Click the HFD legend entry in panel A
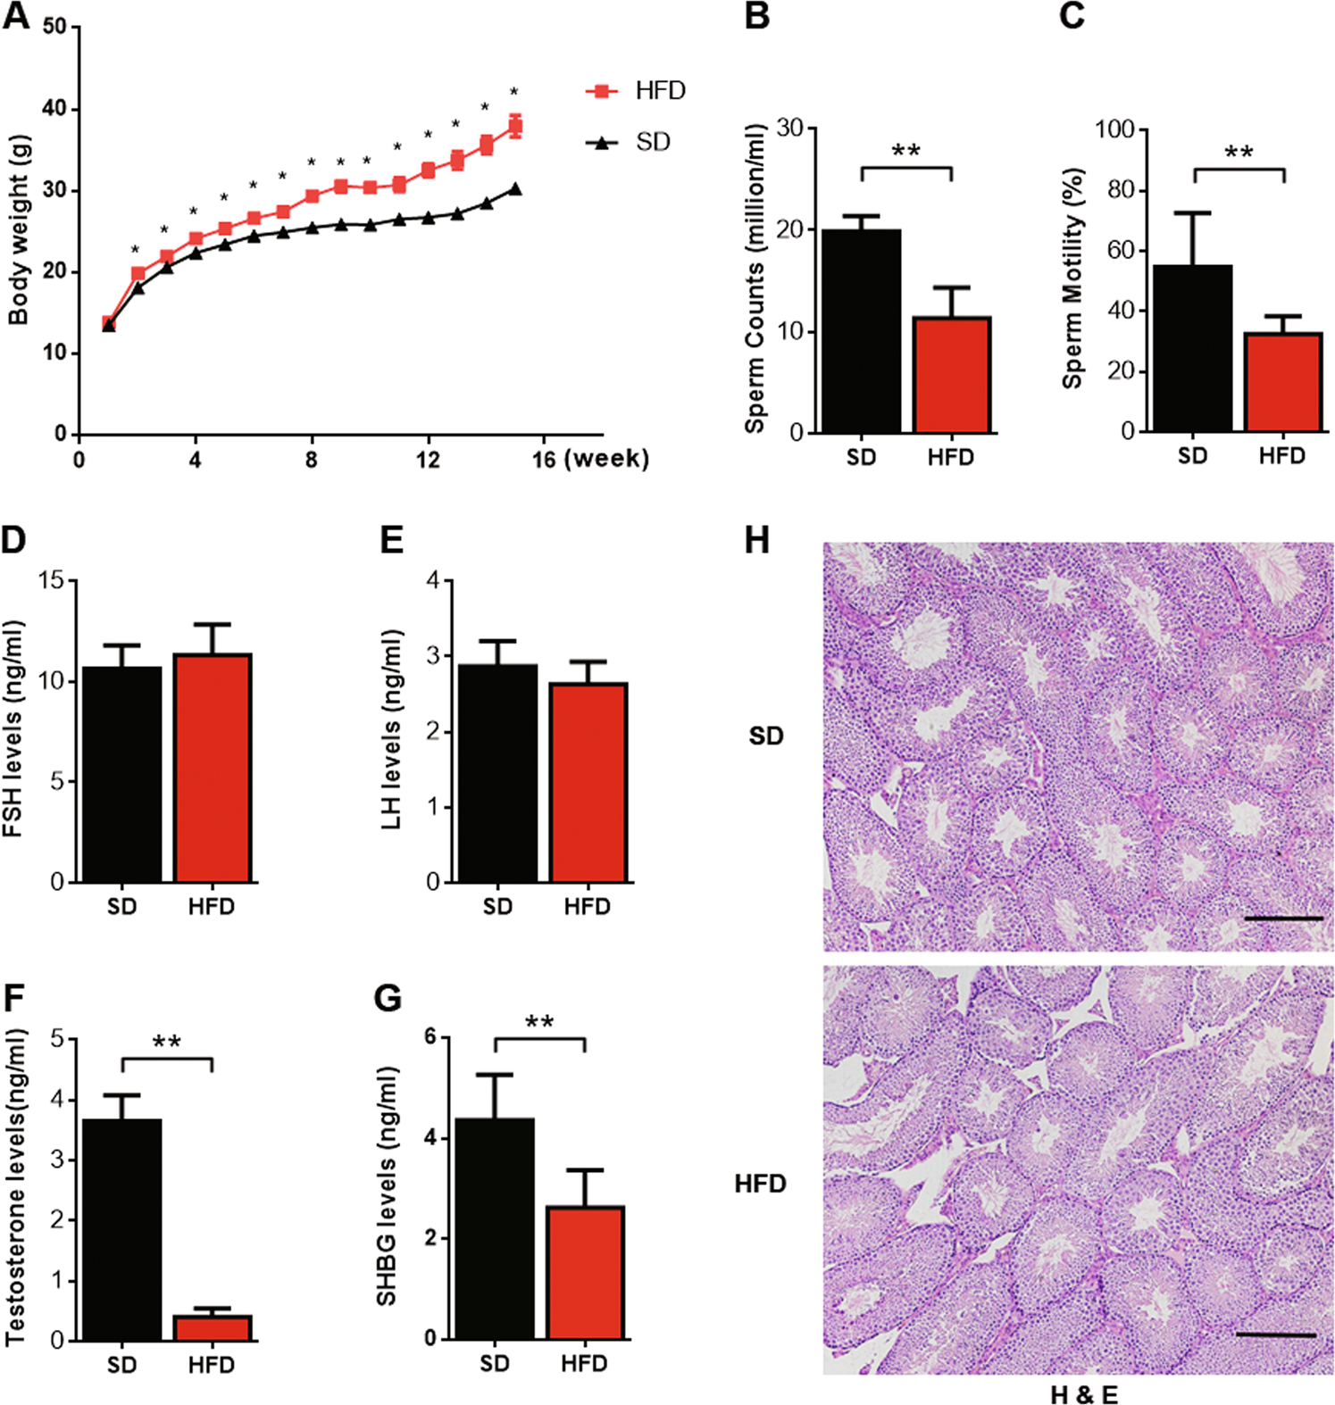635,91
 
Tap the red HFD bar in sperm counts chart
951,375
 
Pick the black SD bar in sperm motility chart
1193,348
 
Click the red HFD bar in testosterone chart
213,1327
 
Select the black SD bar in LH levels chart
498,773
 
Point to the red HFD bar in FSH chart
213,768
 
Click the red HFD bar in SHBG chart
585,1272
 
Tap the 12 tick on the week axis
428,460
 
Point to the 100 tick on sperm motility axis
1114,130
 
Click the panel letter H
756,541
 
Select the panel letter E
391,541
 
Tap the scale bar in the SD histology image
1282,918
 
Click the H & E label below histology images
1083,1393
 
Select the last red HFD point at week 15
515,126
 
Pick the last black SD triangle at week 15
515,188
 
